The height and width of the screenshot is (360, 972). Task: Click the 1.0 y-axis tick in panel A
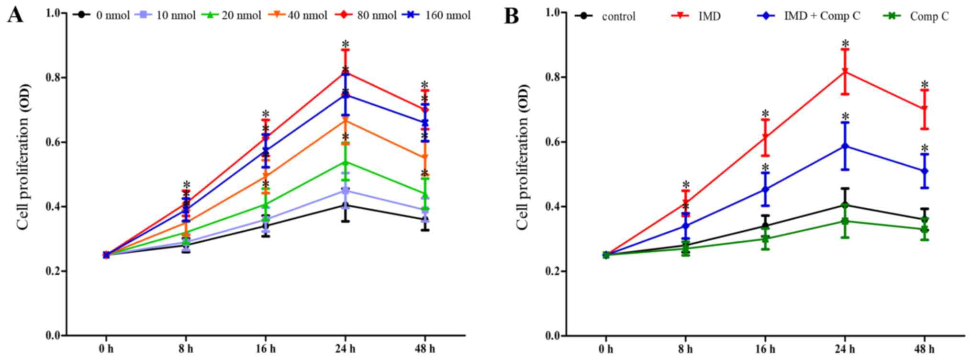coord(56,13)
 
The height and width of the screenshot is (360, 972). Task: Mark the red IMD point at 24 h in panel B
coord(845,72)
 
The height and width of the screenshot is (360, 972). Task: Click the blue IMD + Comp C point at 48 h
coord(924,171)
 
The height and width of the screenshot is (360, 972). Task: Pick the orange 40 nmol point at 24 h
coord(345,121)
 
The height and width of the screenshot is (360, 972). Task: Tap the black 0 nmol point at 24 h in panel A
coord(345,205)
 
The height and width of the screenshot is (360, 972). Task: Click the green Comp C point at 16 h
coord(765,238)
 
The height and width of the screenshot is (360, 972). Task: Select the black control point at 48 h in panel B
coord(924,220)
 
